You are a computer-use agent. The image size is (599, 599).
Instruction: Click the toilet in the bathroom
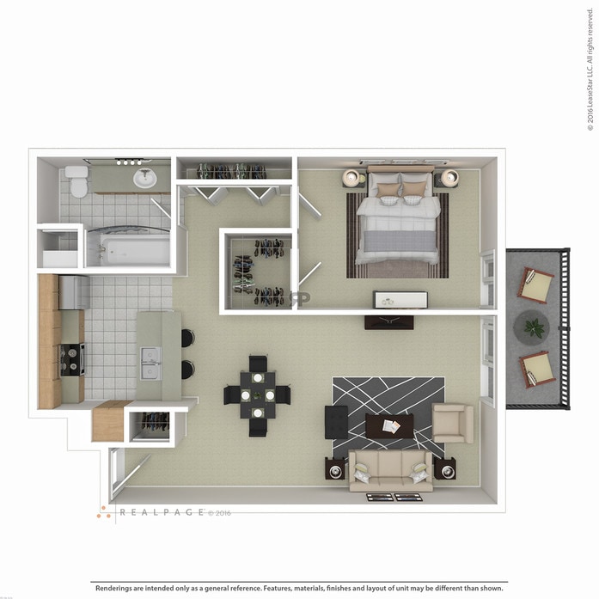(78, 181)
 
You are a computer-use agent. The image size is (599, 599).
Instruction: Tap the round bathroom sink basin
(145, 179)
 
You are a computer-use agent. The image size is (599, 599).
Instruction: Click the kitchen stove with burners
(71, 358)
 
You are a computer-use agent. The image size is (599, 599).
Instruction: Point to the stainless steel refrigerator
(75, 291)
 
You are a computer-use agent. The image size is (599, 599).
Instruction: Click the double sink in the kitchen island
(150, 362)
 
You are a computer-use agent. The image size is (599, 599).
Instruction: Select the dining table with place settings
(257, 395)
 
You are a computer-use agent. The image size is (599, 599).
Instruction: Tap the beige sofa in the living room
(391, 469)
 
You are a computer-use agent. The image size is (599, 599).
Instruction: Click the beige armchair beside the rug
(452, 423)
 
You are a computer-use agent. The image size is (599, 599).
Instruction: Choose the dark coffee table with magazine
(389, 425)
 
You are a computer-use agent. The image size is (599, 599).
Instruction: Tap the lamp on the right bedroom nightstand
(449, 178)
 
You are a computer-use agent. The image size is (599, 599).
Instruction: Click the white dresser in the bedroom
(400, 300)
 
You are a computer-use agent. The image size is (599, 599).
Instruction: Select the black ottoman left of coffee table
(337, 422)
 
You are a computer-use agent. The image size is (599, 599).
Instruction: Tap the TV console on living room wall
(388, 321)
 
